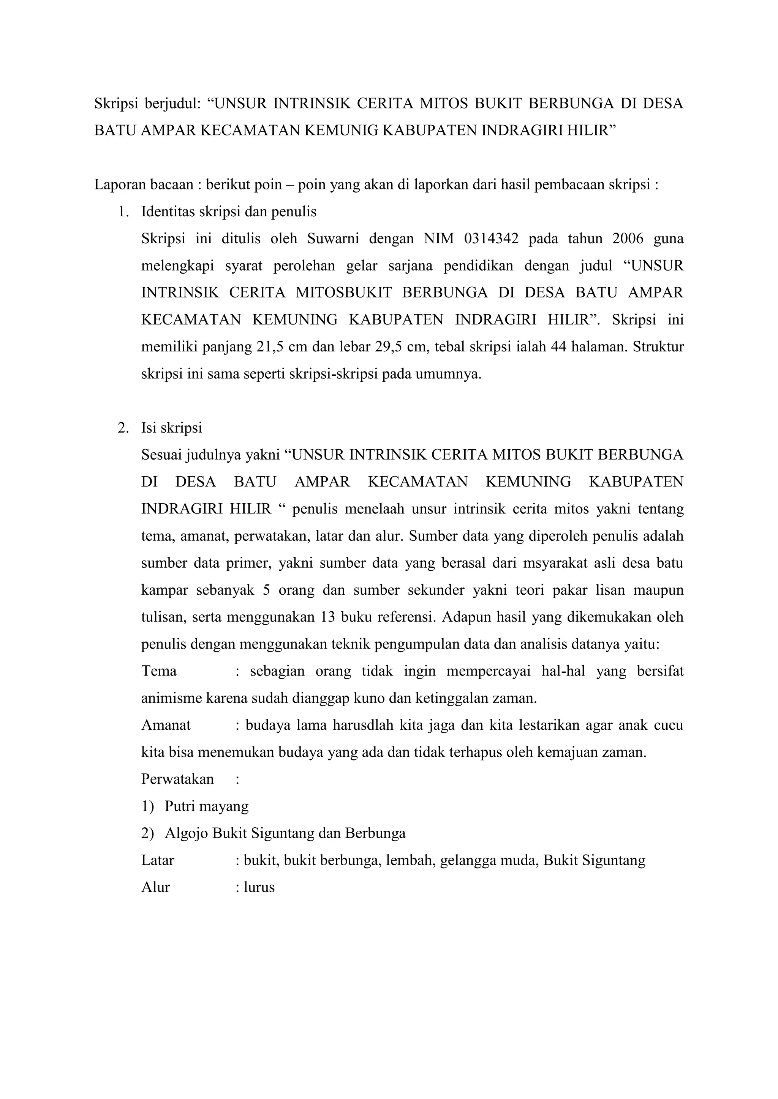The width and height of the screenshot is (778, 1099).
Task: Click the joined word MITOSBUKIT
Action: point(343,293)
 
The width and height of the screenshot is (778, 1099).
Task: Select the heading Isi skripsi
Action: point(171,427)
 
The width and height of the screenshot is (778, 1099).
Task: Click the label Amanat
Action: point(166,725)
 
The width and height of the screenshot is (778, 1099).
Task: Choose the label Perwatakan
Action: point(177,779)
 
